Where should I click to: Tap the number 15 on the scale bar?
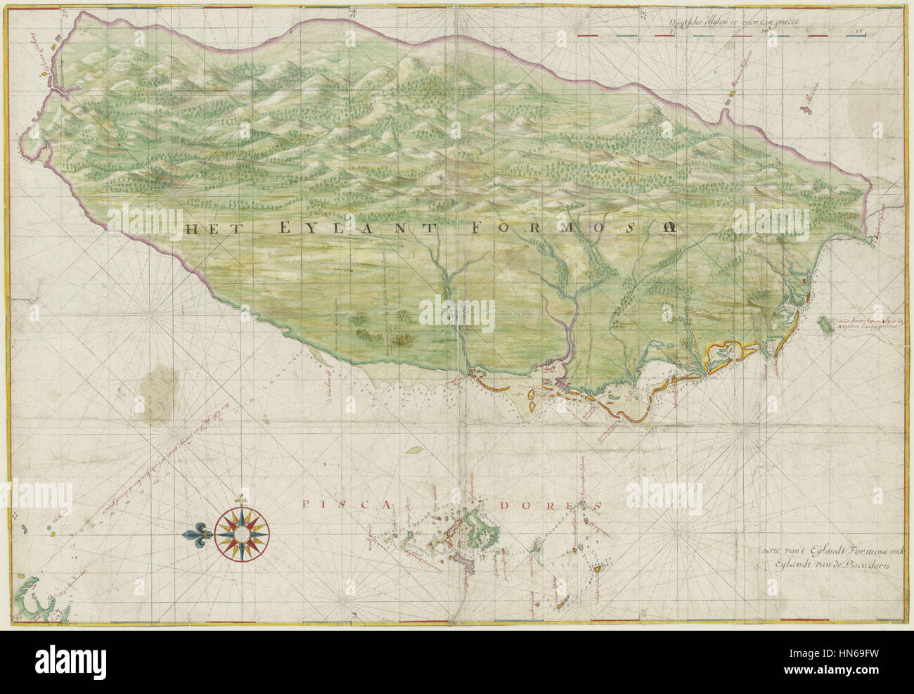pos(858,31)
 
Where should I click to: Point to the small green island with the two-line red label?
pos(822,324)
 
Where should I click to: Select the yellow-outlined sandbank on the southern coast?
pos(731,349)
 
